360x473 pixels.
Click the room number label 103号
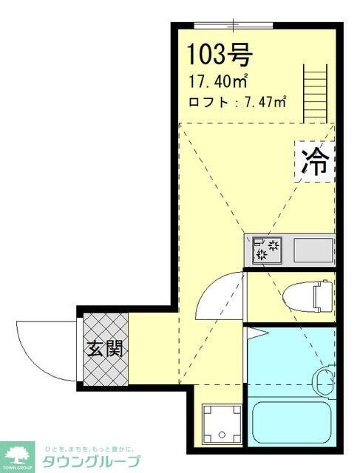[x=220, y=53]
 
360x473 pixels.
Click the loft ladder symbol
[x=315, y=94]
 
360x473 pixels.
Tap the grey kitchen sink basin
[x=313, y=250]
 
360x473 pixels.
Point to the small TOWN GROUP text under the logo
[x=18, y=469]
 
